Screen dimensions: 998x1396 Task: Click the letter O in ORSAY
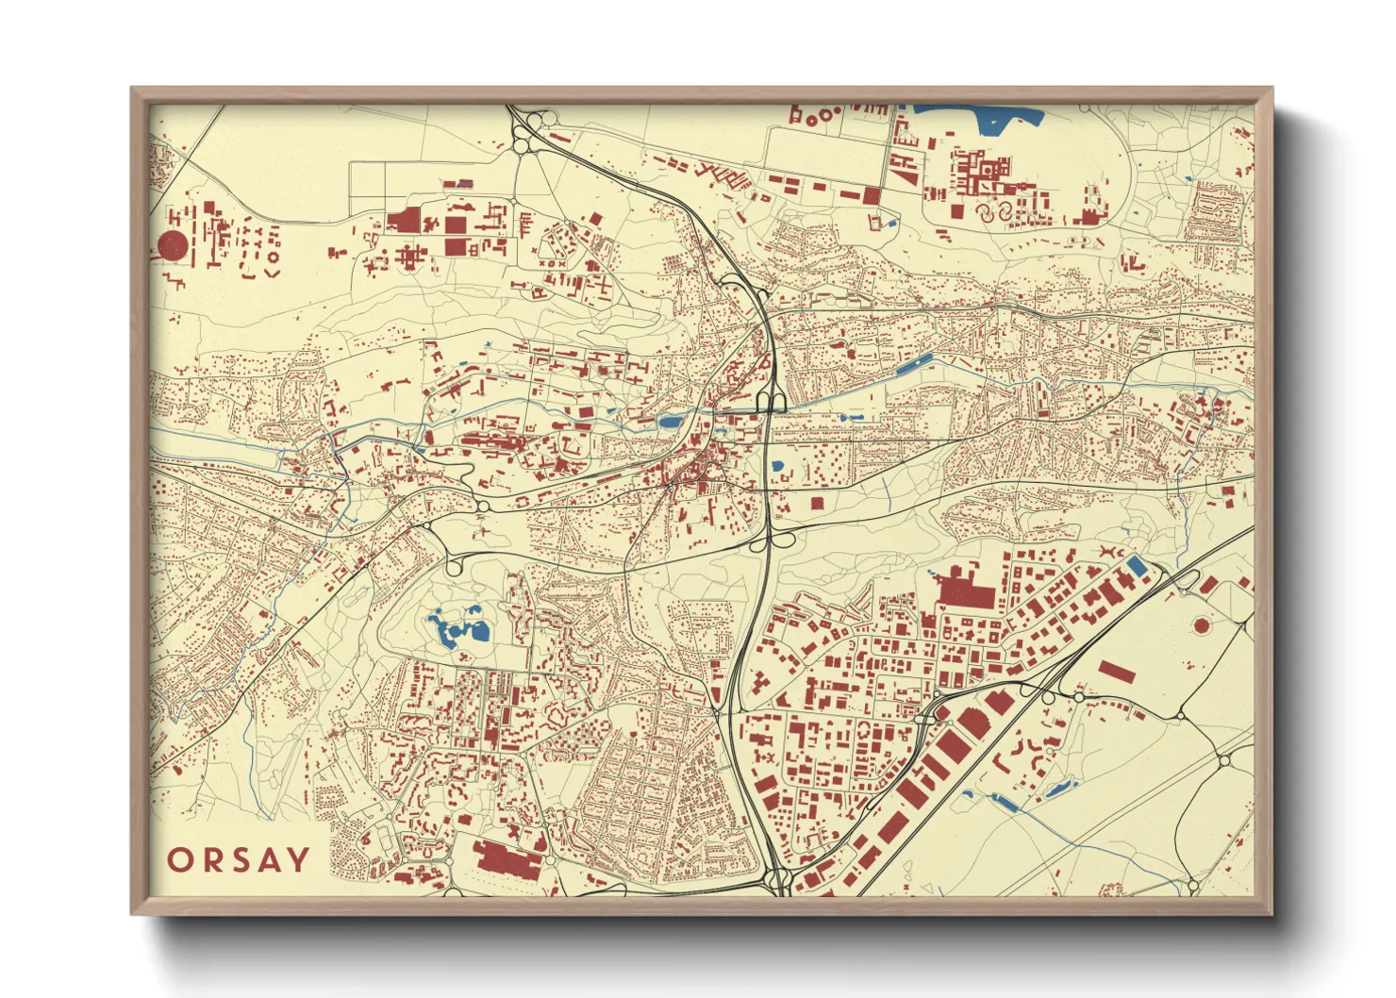(x=181, y=860)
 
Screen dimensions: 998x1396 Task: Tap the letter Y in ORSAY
(x=298, y=859)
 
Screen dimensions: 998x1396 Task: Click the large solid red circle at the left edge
(x=172, y=246)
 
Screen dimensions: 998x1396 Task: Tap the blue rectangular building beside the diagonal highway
(x=1138, y=566)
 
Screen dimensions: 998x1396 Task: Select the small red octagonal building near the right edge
(x=1201, y=624)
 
